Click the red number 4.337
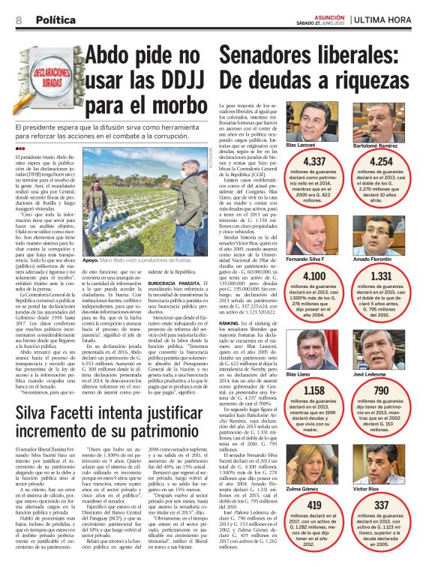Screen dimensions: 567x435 314,161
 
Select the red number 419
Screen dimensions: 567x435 314,505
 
